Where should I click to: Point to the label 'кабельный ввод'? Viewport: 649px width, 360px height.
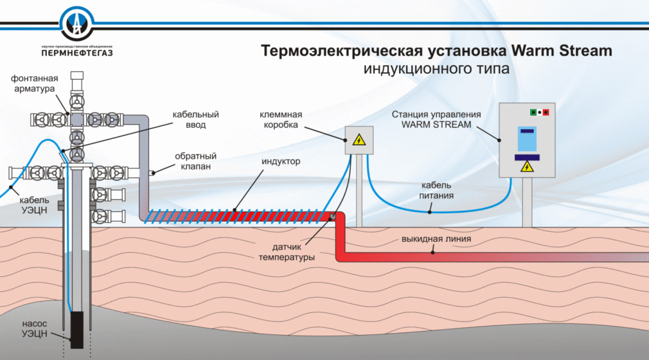(195, 120)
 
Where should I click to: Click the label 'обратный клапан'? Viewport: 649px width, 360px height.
(195, 161)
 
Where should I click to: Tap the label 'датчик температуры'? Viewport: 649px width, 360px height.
(282, 252)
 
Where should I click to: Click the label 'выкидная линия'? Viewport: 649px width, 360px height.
(437, 240)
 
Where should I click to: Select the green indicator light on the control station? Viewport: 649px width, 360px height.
(532, 113)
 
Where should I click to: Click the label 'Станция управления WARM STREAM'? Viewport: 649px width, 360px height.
(437, 119)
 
